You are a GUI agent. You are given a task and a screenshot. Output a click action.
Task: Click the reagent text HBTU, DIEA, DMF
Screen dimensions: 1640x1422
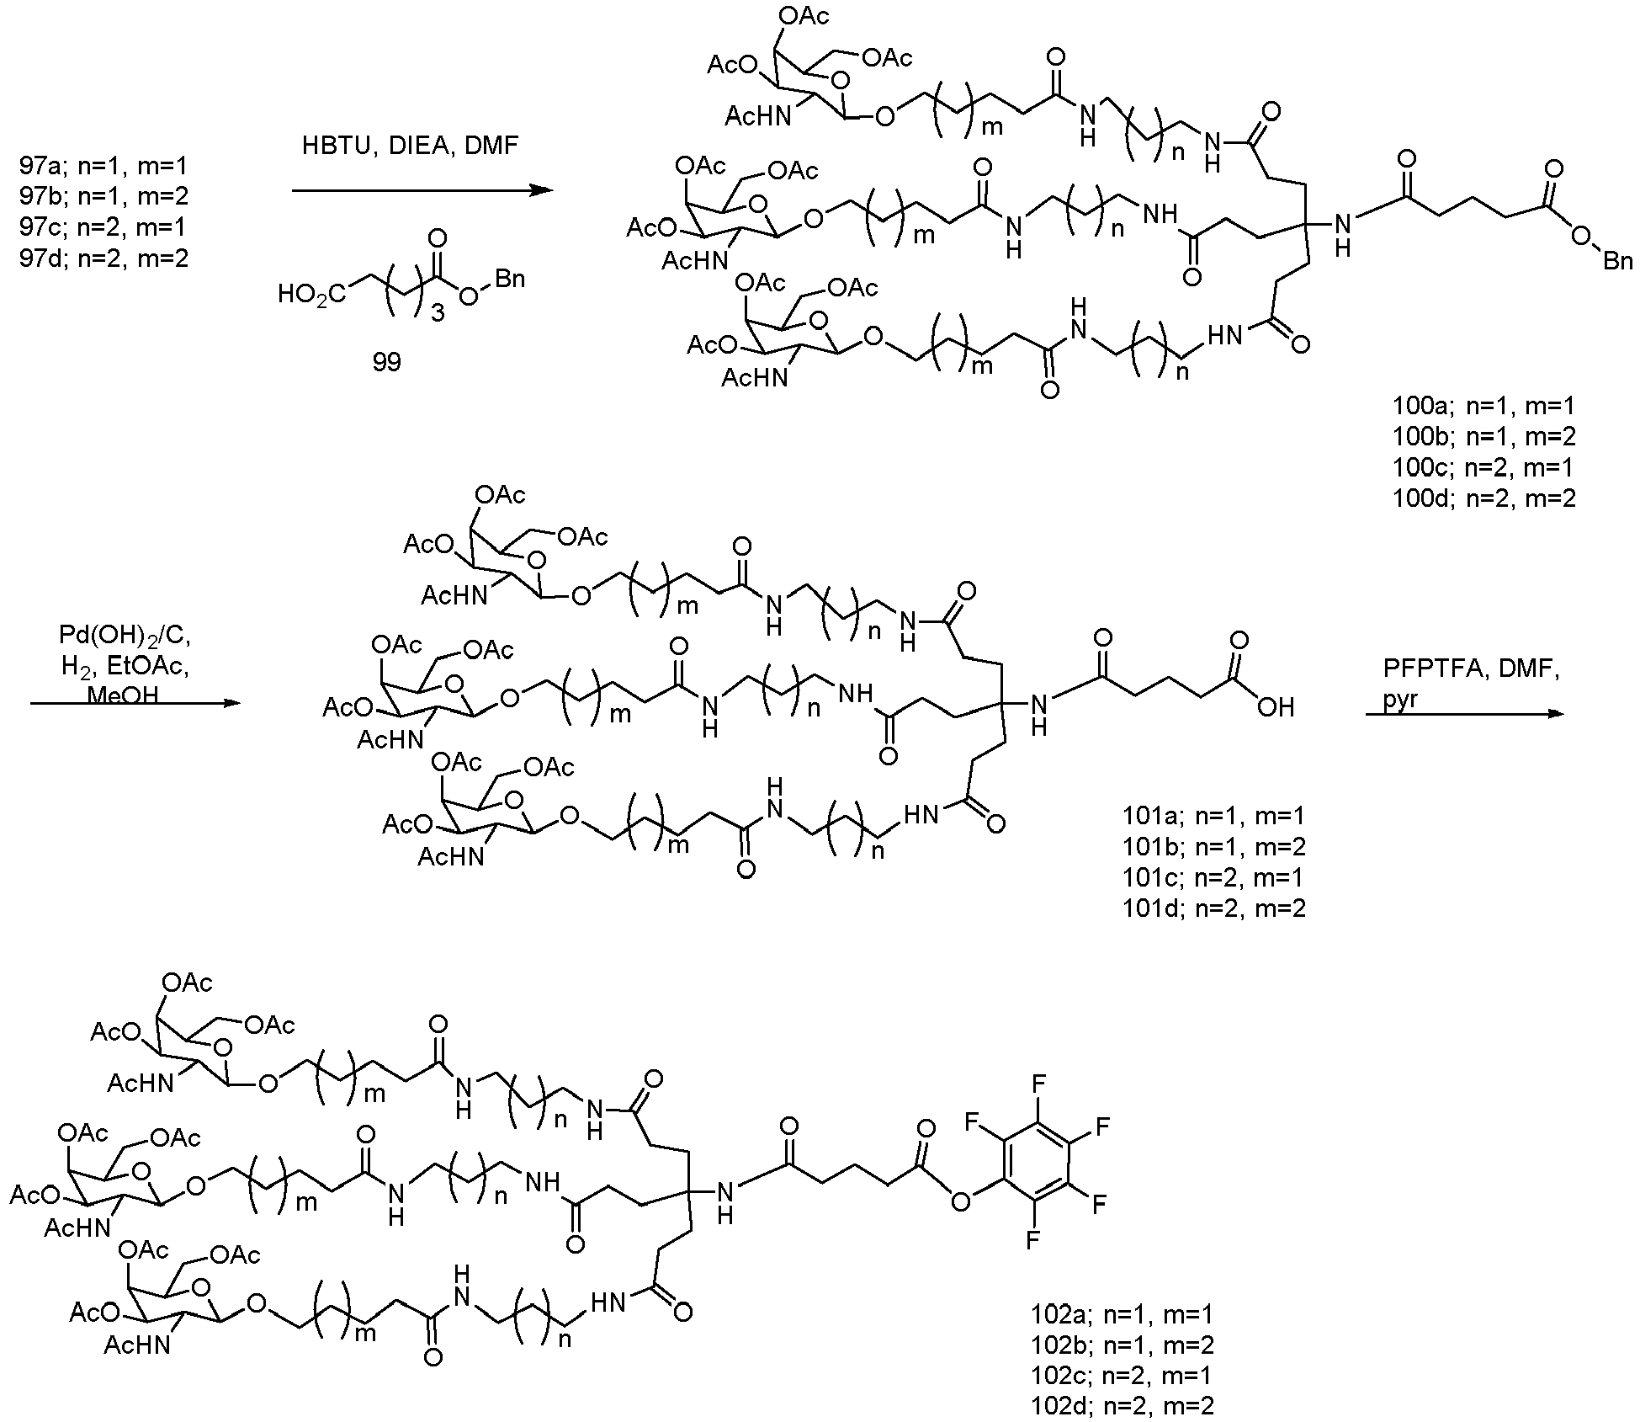411,146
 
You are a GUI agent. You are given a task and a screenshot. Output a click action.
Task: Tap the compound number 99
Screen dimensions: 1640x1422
387,362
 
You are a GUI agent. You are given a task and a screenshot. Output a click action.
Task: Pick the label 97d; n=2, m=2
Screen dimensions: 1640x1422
104,257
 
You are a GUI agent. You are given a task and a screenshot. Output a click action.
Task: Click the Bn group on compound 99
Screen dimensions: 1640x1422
509,278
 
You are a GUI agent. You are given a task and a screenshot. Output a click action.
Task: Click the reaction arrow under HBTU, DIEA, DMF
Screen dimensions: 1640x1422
422,191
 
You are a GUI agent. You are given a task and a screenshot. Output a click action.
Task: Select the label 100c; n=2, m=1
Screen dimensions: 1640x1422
1483,467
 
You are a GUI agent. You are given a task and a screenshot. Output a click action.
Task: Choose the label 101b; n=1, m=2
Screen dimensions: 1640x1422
1214,846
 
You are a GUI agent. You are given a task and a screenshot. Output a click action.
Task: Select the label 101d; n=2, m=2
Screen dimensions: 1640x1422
1214,908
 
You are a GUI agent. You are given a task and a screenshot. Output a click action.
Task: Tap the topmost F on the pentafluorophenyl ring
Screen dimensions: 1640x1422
1038,1083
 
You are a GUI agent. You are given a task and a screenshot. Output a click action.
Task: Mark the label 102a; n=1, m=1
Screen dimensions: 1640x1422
1123,1313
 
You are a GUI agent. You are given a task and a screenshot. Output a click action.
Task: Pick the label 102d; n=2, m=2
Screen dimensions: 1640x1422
1123,1404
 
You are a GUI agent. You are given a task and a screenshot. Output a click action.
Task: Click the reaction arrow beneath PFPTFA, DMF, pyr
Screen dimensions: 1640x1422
1464,714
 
